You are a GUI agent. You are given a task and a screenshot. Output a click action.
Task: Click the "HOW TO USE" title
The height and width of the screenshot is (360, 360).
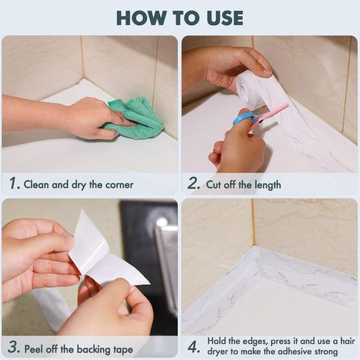180,18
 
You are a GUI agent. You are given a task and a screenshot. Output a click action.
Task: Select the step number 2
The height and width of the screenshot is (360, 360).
194,184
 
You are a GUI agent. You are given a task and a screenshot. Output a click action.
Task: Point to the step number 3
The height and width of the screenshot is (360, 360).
13,348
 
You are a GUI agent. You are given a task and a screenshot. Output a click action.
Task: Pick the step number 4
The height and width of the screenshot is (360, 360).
194,347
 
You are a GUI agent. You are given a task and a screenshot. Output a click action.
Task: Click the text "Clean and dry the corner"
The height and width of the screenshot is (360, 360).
79,184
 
